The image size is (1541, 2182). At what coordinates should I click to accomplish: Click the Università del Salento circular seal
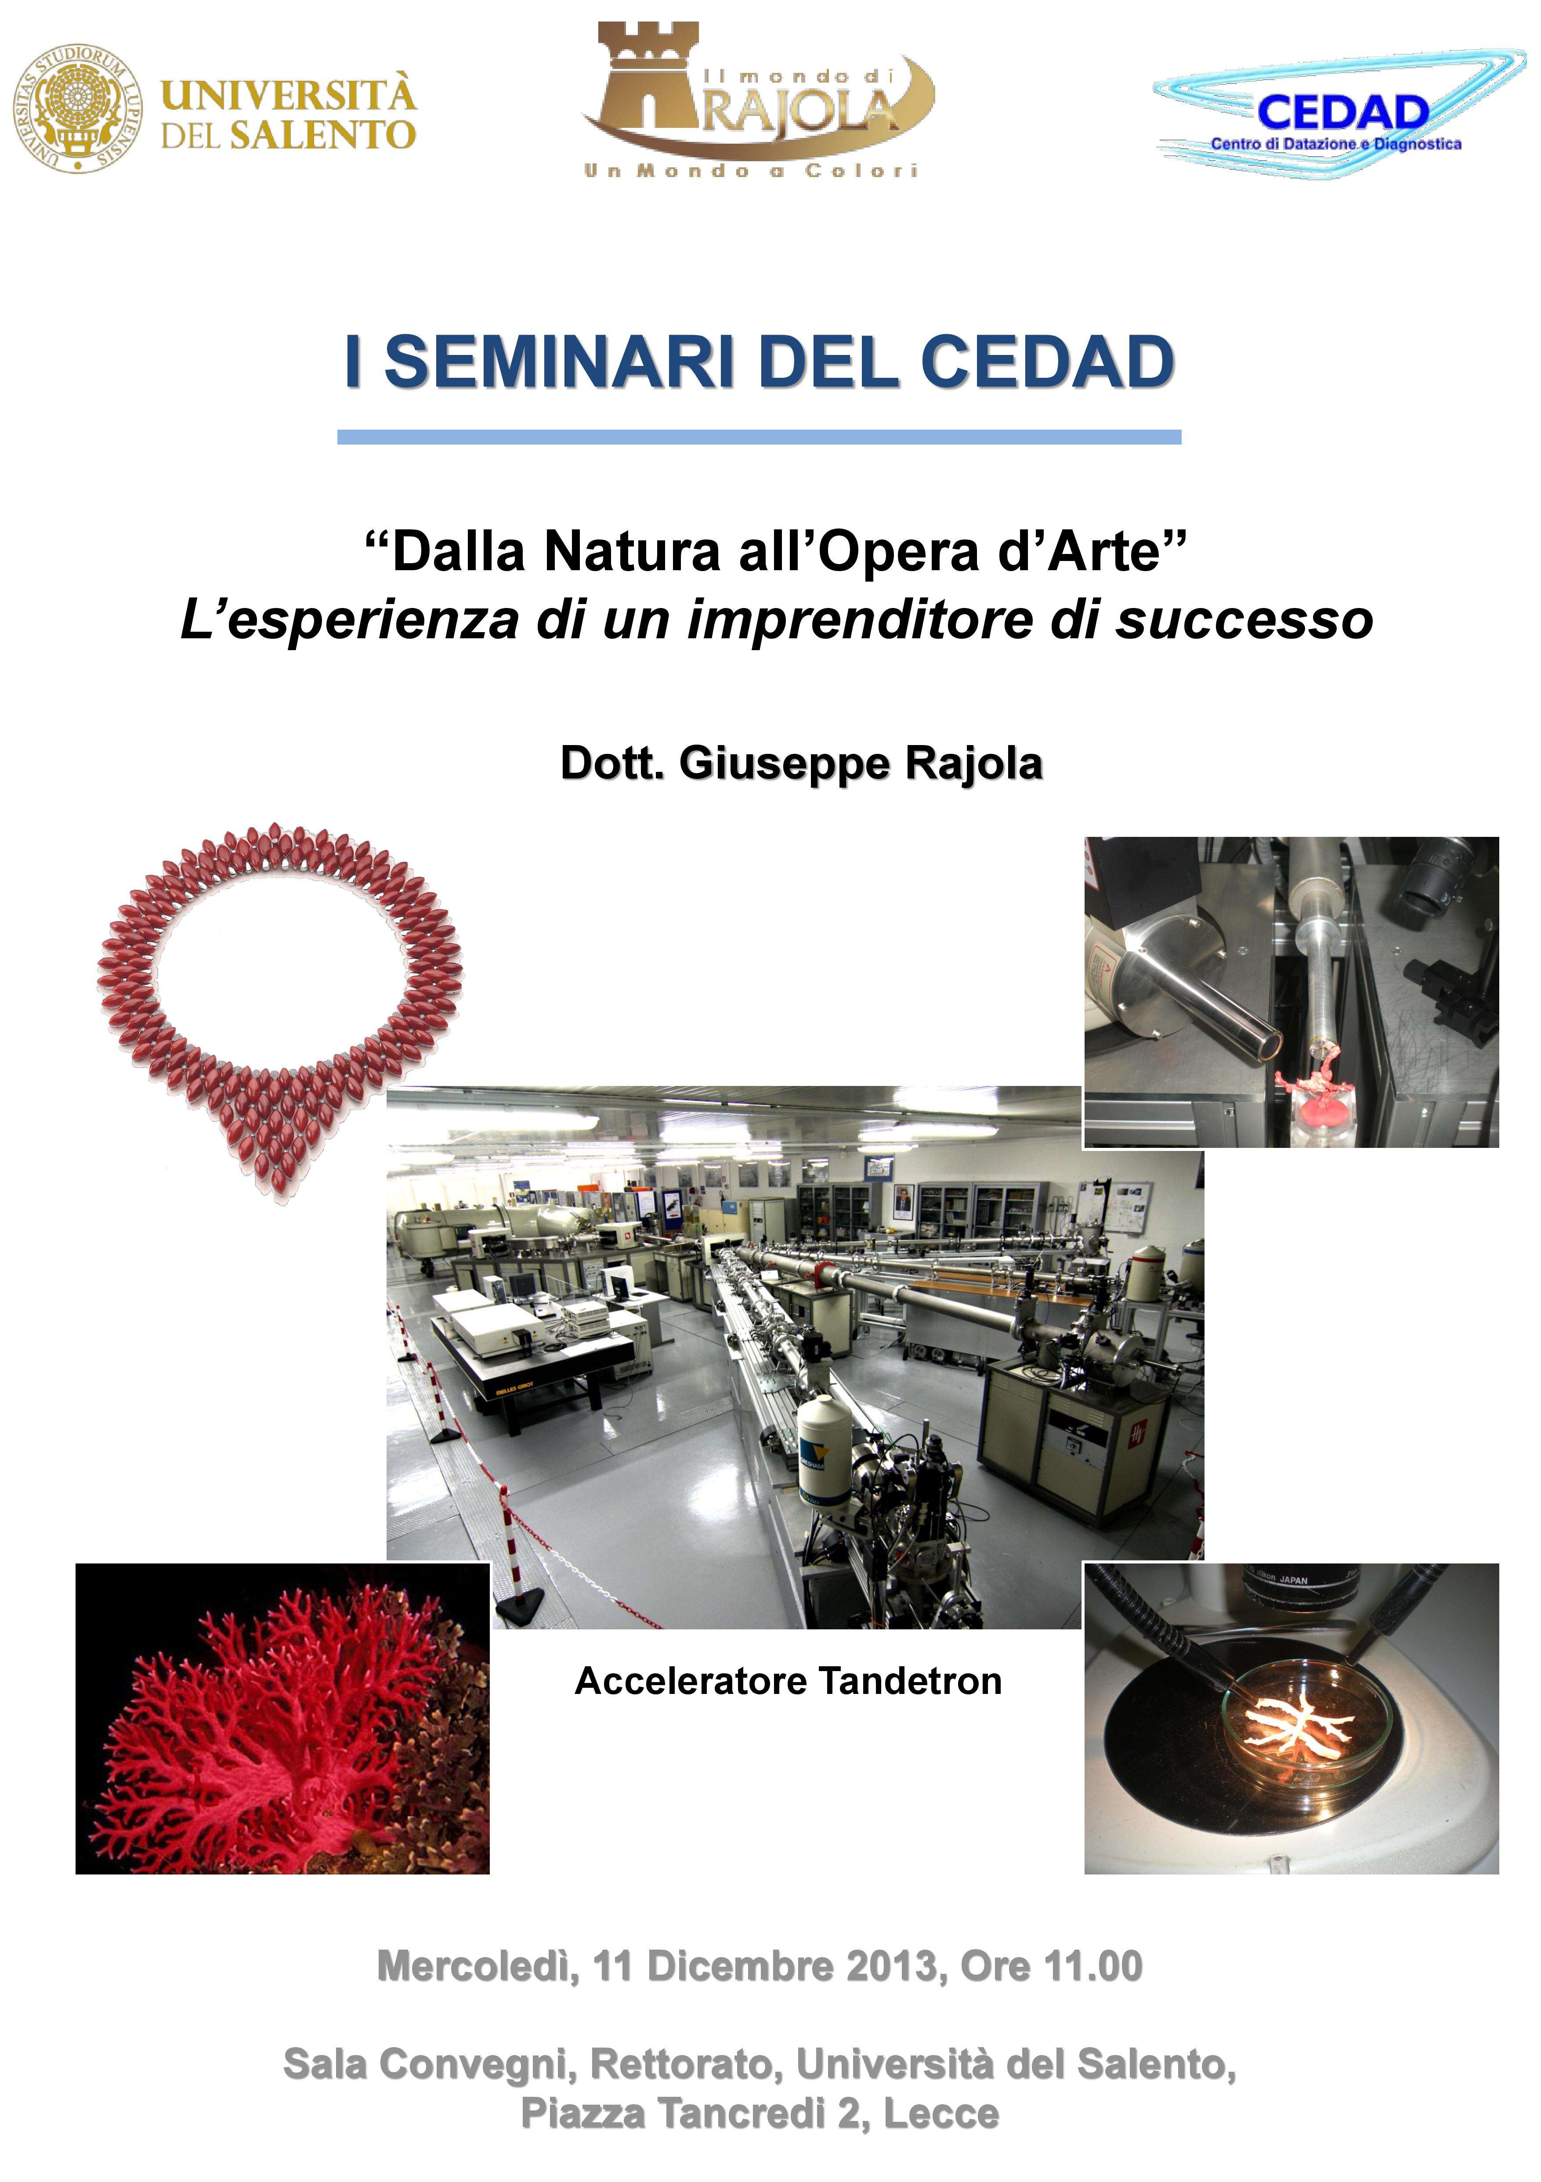pos(78,107)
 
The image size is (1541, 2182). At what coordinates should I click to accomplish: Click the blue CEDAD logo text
pos(1342,112)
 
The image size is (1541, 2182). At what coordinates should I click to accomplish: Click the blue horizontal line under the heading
pos(759,437)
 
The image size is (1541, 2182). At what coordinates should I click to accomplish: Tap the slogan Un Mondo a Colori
pos(751,171)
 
